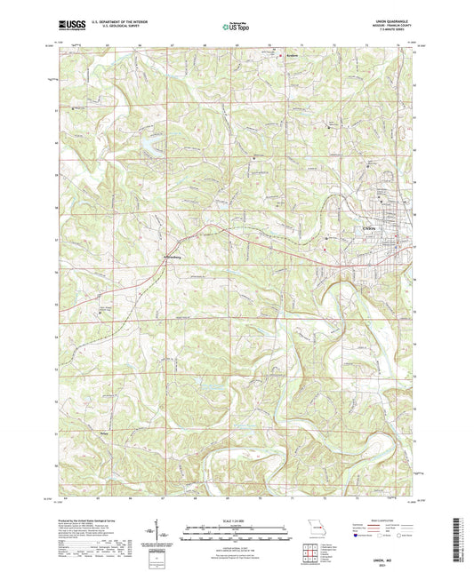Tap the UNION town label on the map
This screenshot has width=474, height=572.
click(371, 229)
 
